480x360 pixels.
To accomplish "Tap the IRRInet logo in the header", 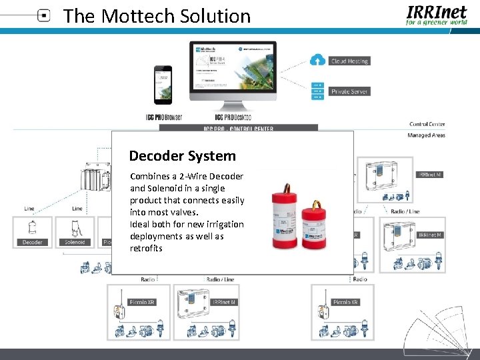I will click(437, 11).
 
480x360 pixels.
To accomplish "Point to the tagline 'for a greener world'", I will click(437, 22).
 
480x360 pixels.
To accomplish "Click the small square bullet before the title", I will click(44, 16).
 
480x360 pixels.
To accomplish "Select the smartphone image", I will click(163, 85).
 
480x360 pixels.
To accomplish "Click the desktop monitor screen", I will click(233, 69).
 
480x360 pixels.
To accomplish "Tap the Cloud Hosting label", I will click(349, 61).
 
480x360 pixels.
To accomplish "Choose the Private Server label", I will click(349, 91).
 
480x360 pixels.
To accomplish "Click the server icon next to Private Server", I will click(317, 91).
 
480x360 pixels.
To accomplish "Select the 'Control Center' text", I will click(427, 124).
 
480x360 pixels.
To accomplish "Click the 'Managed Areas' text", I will click(426, 135).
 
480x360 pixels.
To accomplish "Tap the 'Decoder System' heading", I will click(182, 156).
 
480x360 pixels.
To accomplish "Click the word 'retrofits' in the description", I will click(147, 248).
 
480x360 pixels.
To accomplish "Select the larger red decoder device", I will click(285, 212).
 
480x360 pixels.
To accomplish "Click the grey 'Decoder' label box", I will click(33, 242).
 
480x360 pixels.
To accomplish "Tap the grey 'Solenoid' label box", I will click(75, 242).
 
